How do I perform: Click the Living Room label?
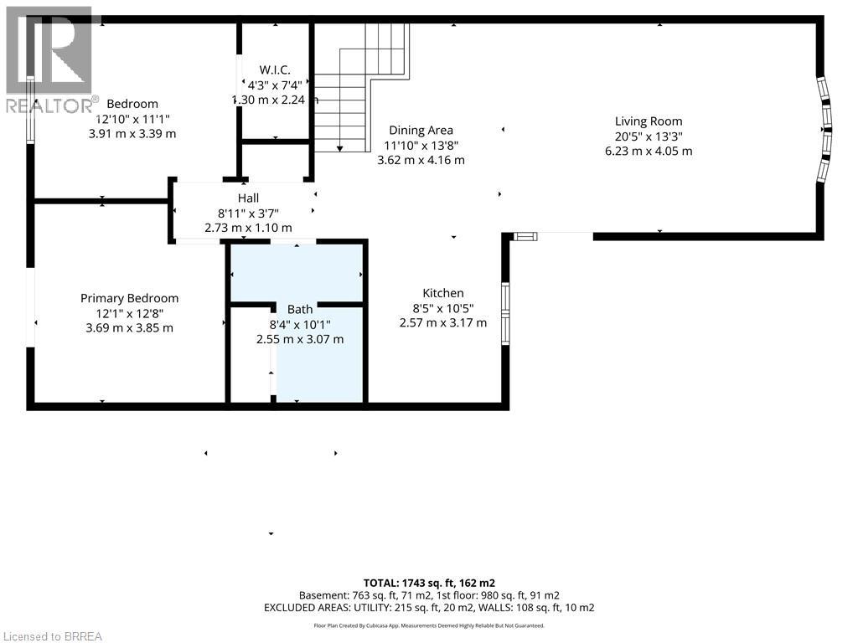click(x=648, y=121)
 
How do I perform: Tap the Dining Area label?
click(x=421, y=130)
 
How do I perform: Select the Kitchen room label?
click(x=442, y=293)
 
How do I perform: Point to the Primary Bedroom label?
click(x=129, y=298)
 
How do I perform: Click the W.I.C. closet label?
click(x=274, y=69)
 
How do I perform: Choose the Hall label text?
click(x=247, y=198)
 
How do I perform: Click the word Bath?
click(x=299, y=309)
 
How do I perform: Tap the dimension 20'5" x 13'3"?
click(x=648, y=136)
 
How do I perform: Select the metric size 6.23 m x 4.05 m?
click(x=649, y=152)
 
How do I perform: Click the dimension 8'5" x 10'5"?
click(x=442, y=308)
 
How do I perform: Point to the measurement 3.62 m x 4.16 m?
click(x=421, y=160)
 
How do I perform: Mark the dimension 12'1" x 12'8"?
click(x=129, y=313)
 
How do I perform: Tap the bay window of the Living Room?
click(x=825, y=130)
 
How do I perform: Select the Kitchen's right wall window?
click(x=505, y=314)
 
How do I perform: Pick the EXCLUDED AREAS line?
click(x=429, y=607)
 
